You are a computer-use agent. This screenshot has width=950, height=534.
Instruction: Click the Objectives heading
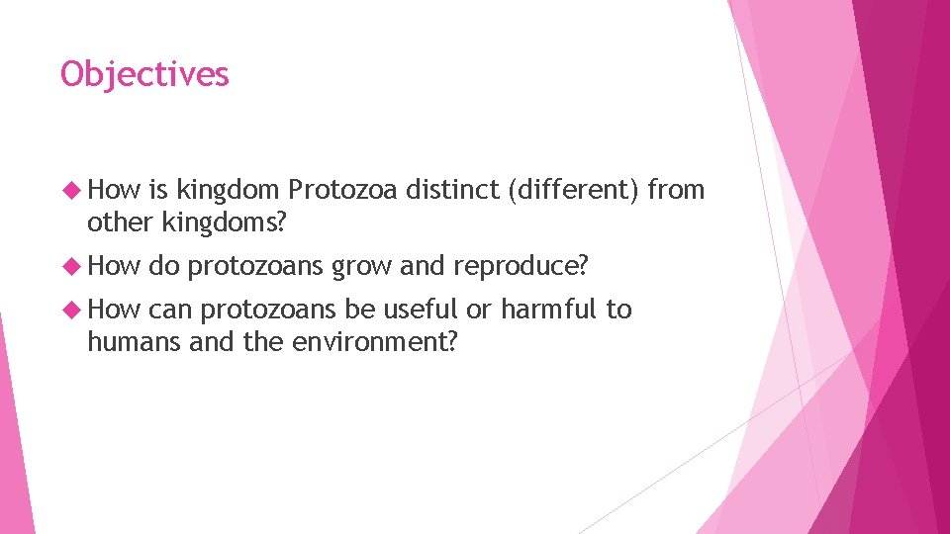point(144,74)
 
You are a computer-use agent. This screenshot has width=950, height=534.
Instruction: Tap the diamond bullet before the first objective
point(70,191)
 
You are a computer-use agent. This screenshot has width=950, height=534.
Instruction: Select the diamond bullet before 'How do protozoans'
point(70,265)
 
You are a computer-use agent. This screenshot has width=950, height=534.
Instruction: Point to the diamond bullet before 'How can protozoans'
point(70,311)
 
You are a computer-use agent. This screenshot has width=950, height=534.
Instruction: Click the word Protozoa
point(339,191)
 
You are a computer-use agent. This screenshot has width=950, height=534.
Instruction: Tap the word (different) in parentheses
point(572,191)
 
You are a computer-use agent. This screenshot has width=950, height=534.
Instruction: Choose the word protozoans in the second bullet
point(253,265)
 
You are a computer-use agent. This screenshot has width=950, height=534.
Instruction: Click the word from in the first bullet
point(675,191)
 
